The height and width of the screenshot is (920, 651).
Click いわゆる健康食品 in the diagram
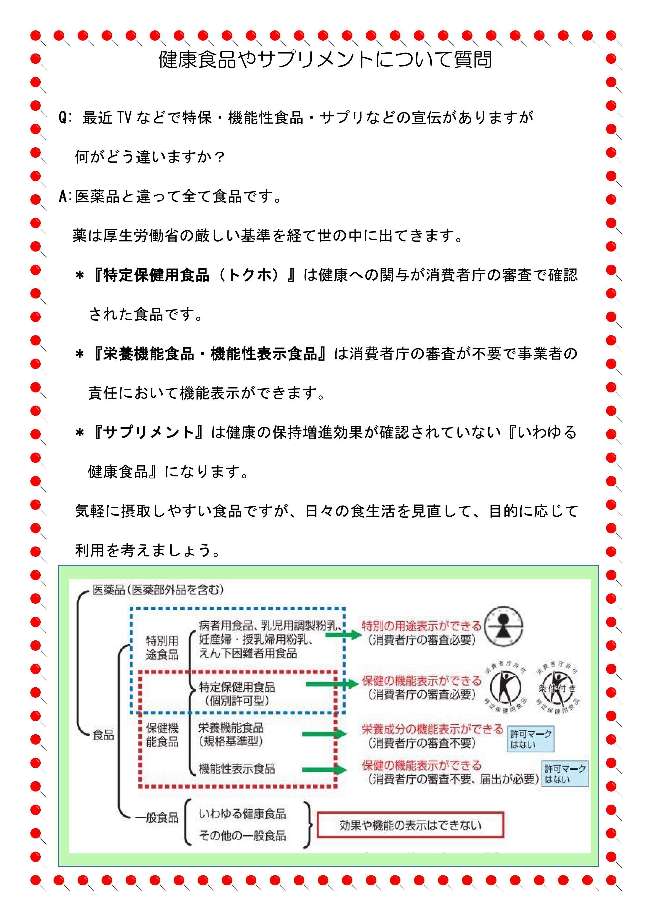(x=242, y=814)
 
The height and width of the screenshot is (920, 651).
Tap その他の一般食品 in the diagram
(x=242, y=836)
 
